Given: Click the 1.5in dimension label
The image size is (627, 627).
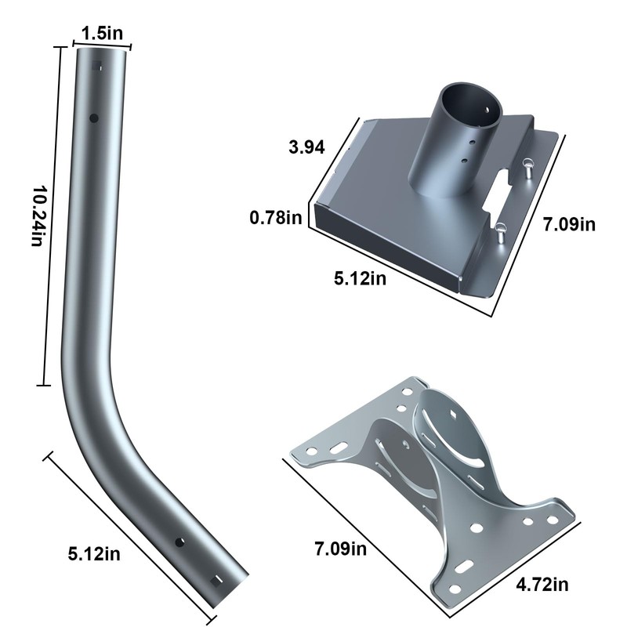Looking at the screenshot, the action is (x=103, y=33).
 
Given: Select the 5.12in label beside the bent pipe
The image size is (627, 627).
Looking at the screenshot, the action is (x=94, y=554).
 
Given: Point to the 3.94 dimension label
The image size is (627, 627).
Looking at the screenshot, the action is (x=306, y=147).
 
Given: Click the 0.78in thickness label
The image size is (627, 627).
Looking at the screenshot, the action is (x=276, y=218).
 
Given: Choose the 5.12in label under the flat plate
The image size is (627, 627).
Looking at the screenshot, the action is (x=361, y=278).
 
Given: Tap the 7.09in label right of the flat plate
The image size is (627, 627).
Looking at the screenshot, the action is (x=569, y=224).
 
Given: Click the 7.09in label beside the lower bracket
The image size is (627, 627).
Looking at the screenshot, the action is (x=341, y=548).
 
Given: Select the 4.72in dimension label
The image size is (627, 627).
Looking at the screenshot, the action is (x=542, y=585).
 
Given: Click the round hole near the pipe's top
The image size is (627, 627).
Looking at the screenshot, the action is (x=94, y=118).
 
